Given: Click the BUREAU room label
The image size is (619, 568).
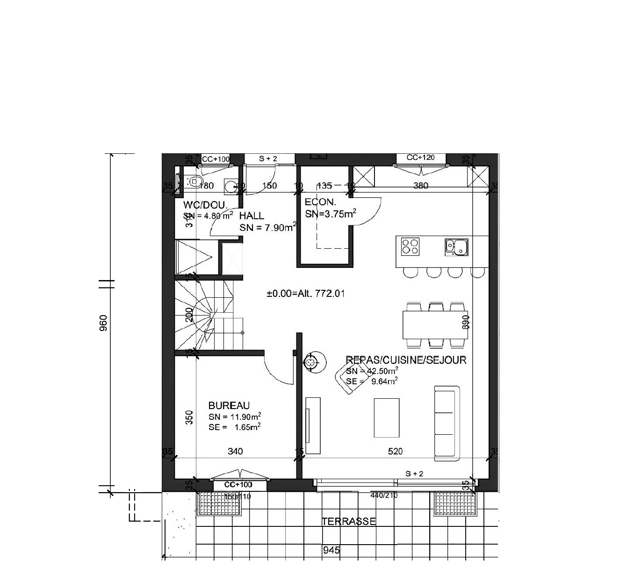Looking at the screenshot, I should click(x=229, y=405).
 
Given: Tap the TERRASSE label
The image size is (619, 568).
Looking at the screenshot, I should click(x=349, y=521).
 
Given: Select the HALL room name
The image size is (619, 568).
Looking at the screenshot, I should click(x=252, y=216).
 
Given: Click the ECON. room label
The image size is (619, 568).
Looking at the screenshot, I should click(x=320, y=202).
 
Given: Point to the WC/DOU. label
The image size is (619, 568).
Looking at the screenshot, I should click(x=205, y=205).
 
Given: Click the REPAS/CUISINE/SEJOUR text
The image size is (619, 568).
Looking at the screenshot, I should click(x=406, y=359).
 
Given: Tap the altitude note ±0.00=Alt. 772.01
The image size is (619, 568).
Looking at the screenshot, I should click(x=306, y=294).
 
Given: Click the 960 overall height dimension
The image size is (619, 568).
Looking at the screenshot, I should click(x=104, y=323).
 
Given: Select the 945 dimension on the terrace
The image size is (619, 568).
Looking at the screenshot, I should click(x=331, y=550).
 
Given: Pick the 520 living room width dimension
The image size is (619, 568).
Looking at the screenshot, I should click(x=395, y=451).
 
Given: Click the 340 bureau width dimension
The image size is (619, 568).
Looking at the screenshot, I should click(x=235, y=451).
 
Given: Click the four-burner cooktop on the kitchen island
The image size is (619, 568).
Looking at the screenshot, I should click(x=410, y=246).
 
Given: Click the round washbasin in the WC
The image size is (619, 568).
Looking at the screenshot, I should click(x=230, y=186).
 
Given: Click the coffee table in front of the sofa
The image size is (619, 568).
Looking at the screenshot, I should click(x=387, y=417).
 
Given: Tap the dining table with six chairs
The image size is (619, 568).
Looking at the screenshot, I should click(x=435, y=325).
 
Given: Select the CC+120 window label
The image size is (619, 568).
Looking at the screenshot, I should click(x=420, y=158).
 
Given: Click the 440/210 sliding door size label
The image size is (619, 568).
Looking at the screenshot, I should click(x=383, y=495).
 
